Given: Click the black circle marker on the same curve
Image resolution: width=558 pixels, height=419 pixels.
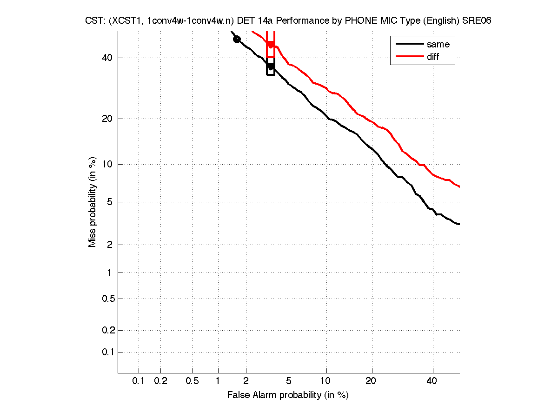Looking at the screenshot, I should (237, 39).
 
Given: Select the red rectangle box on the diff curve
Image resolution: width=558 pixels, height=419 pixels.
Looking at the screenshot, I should (271, 44).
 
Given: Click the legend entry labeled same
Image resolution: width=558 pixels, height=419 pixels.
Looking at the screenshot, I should (438, 44).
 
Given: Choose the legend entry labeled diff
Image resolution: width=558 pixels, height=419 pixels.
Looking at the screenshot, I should (433, 57).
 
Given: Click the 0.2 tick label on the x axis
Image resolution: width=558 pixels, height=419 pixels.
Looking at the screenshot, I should (160, 381).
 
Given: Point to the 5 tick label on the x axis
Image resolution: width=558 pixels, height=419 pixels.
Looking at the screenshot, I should (289, 381).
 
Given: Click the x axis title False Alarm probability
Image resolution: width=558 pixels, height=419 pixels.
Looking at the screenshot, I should (288, 395).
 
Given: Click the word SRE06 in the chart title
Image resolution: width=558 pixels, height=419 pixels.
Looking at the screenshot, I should (477, 21).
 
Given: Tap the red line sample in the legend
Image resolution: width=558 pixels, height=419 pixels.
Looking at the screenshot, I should (409, 57).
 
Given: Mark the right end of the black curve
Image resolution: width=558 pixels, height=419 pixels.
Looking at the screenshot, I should (459, 225).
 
